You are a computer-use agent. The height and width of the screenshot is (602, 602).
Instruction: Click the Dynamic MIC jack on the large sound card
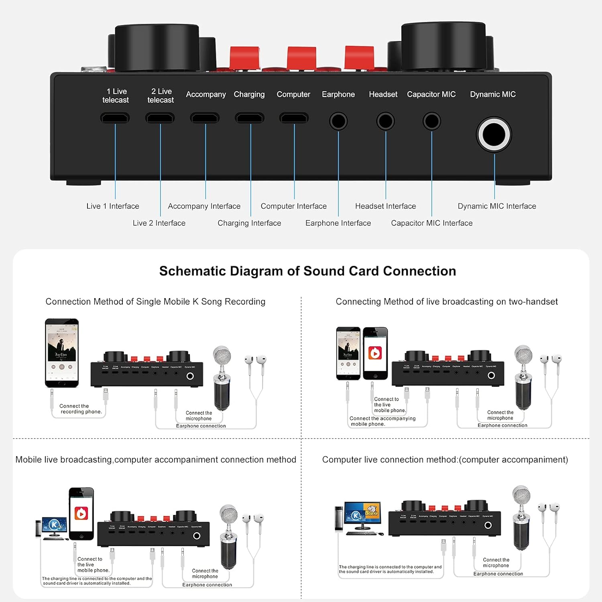[494, 134]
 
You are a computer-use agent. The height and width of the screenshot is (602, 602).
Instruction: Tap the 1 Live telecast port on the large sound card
[115, 118]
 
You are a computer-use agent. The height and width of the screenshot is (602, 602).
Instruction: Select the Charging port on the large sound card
[250, 118]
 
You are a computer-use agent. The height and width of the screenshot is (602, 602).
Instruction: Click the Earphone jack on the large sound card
[338, 121]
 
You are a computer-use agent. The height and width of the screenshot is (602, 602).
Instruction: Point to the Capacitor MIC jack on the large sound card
[432, 121]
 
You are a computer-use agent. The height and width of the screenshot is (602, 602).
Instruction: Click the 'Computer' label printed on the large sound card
[293, 94]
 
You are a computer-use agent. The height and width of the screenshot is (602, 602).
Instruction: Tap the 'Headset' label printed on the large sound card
[383, 94]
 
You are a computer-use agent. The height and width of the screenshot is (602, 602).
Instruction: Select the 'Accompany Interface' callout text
[204, 206]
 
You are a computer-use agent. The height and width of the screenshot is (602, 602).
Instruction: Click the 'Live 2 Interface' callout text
[159, 223]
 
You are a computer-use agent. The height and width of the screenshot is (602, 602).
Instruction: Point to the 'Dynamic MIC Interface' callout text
[497, 206]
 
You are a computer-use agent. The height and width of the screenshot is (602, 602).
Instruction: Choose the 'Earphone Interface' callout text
[338, 223]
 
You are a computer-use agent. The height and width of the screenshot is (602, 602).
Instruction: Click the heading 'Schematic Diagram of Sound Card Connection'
[307, 271]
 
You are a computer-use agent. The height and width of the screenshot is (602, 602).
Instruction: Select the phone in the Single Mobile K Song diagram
[62, 353]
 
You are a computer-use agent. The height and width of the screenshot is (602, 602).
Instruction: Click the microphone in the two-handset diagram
[523, 377]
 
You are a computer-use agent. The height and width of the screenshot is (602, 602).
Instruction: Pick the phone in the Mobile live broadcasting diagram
[81, 514]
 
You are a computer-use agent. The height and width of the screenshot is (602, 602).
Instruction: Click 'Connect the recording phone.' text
[80, 409]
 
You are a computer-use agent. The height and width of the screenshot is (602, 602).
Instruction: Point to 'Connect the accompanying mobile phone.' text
[382, 421]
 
